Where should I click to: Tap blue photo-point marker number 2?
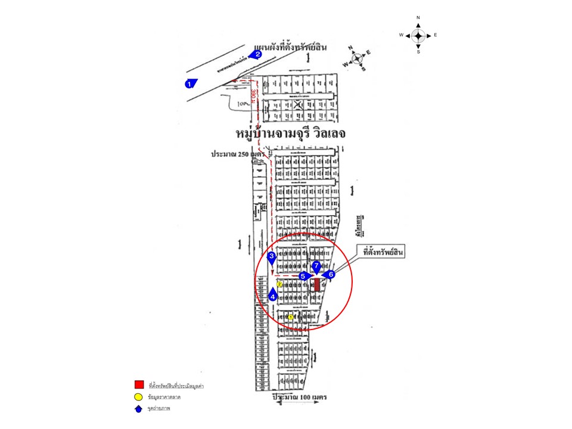point(257,54)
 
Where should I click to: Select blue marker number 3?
point(272,257)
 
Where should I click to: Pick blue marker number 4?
point(273,294)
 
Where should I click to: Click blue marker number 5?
point(304,276)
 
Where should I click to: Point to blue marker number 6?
point(330,275)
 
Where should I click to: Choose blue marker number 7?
point(316,266)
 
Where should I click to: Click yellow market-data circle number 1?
point(291,317)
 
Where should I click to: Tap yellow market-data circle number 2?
point(279,285)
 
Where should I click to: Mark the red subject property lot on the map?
point(317,285)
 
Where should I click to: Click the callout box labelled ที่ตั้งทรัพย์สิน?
point(383,253)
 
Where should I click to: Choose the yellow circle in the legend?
point(138,397)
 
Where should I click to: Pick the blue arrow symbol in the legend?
point(138,409)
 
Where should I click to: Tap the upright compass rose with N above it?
point(418,36)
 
